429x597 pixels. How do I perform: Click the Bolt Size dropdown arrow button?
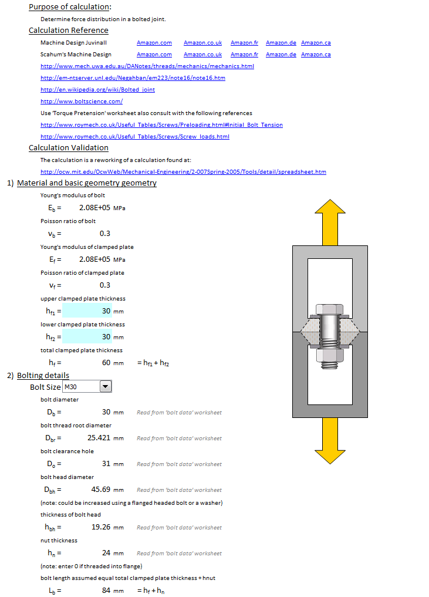(x=106, y=386)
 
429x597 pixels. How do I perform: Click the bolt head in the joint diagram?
(x=330, y=311)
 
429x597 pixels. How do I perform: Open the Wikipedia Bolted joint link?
(x=97, y=89)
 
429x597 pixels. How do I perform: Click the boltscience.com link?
(x=82, y=101)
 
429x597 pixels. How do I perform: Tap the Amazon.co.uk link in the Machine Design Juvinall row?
(x=202, y=43)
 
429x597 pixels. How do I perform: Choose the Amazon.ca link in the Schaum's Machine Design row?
(x=316, y=55)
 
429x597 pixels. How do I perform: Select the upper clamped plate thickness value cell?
(x=87, y=311)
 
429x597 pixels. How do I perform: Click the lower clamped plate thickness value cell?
(x=87, y=337)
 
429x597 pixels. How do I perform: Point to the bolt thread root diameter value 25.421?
(x=99, y=438)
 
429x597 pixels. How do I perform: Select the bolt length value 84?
(x=106, y=591)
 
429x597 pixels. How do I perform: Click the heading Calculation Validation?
(x=69, y=148)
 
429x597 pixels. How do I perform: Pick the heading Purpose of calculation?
(x=70, y=7)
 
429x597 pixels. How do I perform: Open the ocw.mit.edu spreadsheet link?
(x=183, y=172)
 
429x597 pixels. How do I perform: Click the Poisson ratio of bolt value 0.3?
(x=105, y=234)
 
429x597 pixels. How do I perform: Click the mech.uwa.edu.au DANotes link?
(x=147, y=66)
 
